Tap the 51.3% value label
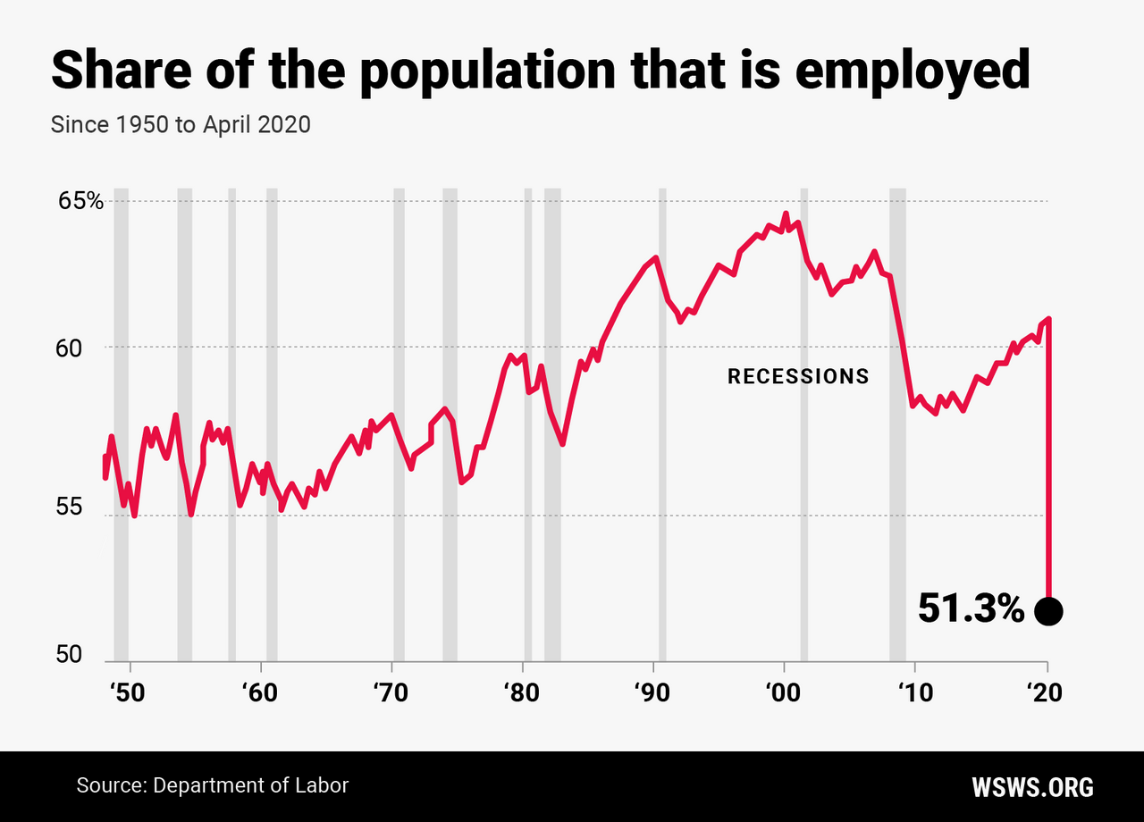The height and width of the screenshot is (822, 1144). click(x=971, y=610)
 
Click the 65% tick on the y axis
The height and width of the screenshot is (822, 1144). click(x=80, y=201)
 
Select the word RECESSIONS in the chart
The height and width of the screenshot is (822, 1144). click(x=798, y=377)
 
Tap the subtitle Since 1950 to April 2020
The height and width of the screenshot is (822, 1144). click(x=181, y=124)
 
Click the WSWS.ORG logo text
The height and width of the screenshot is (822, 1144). click(x=1032, y=787)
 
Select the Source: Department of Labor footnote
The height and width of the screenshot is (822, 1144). click(x=212, y=785)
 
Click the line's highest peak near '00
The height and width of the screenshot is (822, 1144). click(x=786, y=214)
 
